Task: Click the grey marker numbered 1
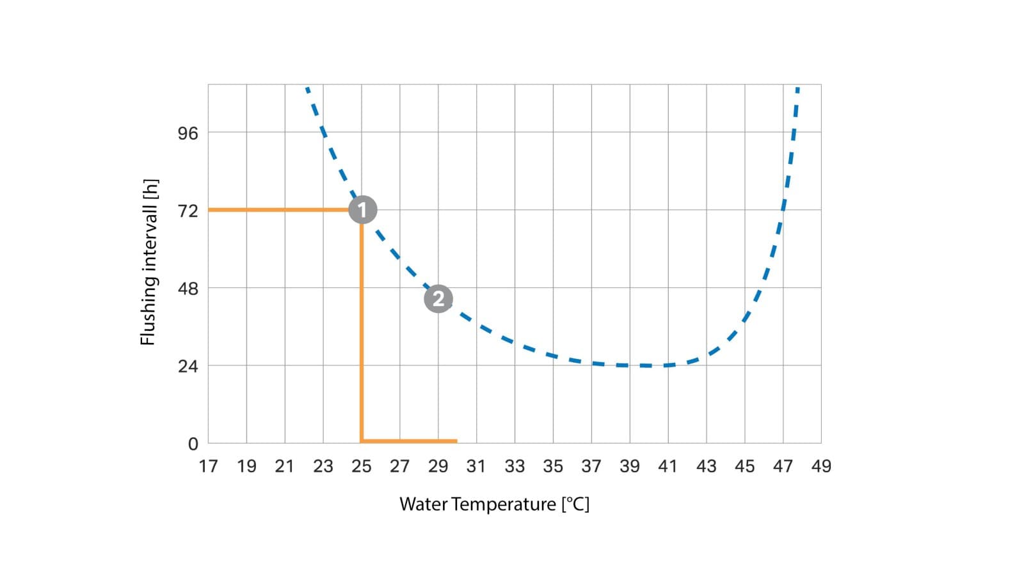pos(363,210)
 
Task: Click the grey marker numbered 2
pos(438,299)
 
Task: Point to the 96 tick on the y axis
pos(188,133)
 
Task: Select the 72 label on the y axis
pos(188,211)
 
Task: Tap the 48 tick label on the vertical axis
pos(188,289)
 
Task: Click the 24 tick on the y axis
pos(188,367)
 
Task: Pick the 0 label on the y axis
pos(193,444)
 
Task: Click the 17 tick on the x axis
pos(208,467)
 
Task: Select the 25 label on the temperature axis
pos(362,467)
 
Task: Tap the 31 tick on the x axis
pos(476,467)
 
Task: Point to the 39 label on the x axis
pos(630,467)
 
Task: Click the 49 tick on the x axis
pos(821,467)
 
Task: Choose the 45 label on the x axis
pos(744,467)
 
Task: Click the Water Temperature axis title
pos(494,504)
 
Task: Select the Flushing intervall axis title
pos(148,262)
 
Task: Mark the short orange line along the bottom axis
pos(410,441)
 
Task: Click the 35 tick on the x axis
pos(553,467)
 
